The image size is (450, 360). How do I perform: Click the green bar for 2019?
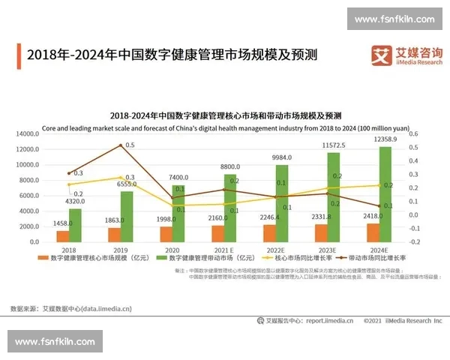click(127, 217)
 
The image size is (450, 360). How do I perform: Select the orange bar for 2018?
click(63, 236)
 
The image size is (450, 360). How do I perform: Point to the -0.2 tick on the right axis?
click(415, 242)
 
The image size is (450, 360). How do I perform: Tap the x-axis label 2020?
click(172, 250)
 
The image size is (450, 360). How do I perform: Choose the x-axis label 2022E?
click(275, 250)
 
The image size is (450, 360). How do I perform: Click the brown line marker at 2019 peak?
click(120, 145)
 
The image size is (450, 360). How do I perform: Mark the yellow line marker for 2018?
click(69, 184)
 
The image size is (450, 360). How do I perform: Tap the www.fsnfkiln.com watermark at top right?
click(394, 19)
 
